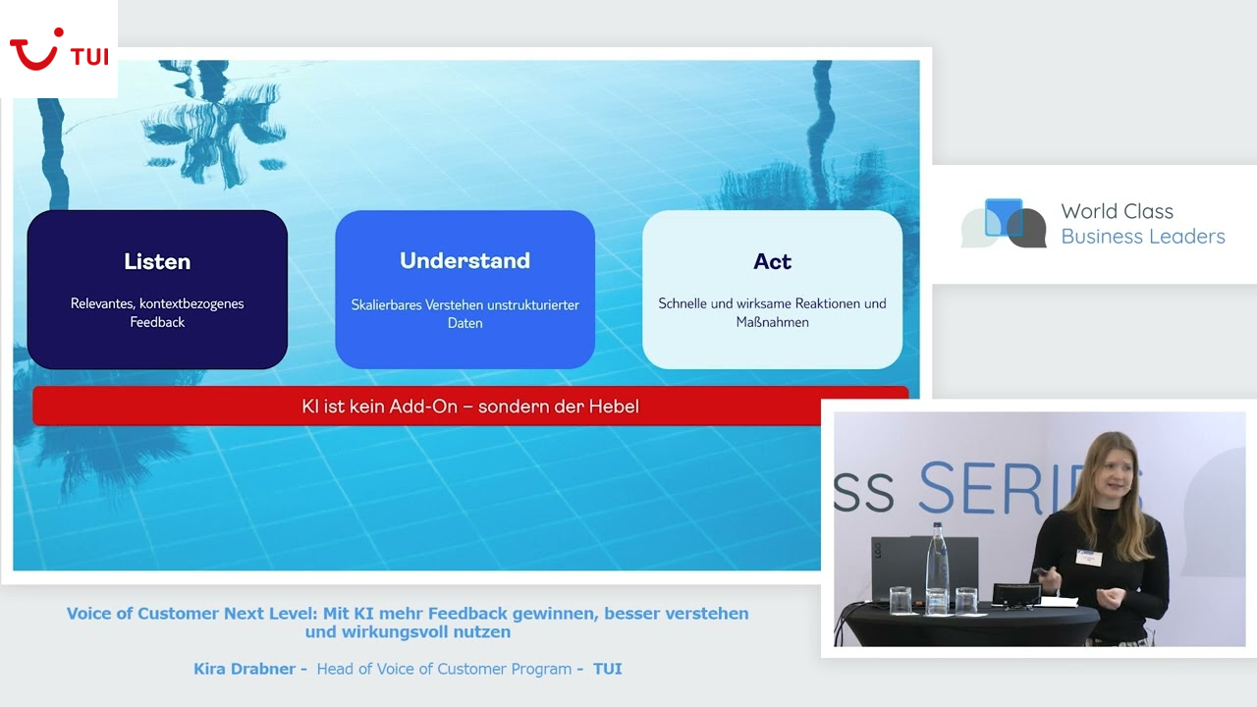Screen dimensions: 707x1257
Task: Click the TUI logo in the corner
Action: coord(58,49)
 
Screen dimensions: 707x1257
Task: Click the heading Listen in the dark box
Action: coord(157,261)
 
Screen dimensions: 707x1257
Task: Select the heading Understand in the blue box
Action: coord(465,260)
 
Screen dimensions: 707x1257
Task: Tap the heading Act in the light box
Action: coord(772,261)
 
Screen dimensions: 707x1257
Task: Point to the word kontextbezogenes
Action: coord(190,303)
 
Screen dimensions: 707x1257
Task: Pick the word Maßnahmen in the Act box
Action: coord(772,322)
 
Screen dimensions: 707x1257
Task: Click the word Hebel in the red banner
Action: coord(613,407)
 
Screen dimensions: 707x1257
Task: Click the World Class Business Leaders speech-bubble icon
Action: coord(1004,224)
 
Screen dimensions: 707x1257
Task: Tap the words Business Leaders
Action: coord(1142,237)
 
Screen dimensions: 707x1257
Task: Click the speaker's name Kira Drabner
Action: coord(245,669)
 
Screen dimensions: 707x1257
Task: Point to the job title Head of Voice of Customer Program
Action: coord(444,669)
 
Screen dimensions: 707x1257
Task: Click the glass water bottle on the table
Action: coord(937,570)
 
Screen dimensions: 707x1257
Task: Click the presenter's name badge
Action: coord(1088,557)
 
